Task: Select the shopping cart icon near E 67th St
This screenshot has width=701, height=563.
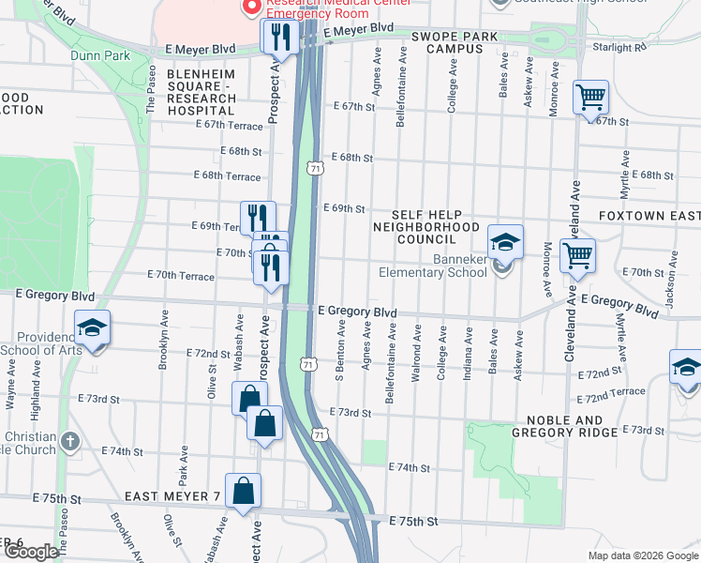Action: [x=591, y=97]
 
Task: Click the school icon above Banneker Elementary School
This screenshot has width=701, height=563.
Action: [x=505, y=242]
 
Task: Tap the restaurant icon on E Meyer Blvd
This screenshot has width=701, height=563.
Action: [x=280, y=37]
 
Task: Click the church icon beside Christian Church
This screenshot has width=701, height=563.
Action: [x=69, y=441]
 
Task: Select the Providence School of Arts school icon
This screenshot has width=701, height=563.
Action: [x=93, y=327]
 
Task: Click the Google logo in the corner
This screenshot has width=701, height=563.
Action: [x=30, y=552]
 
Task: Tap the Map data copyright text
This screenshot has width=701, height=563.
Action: [x=642, y=555]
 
